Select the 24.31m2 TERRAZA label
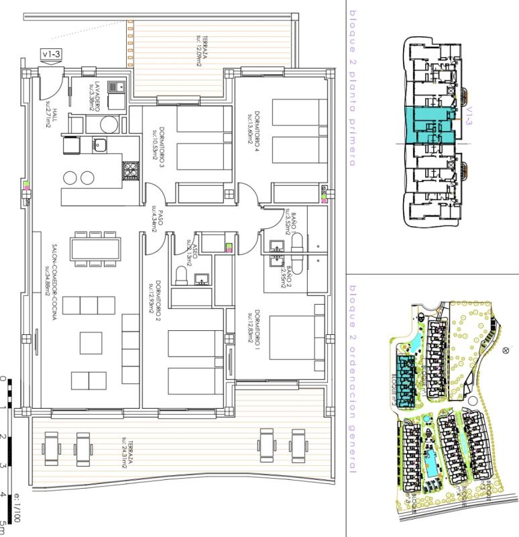[x=127, y=457]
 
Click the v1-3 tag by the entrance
[x=50, y=54]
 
